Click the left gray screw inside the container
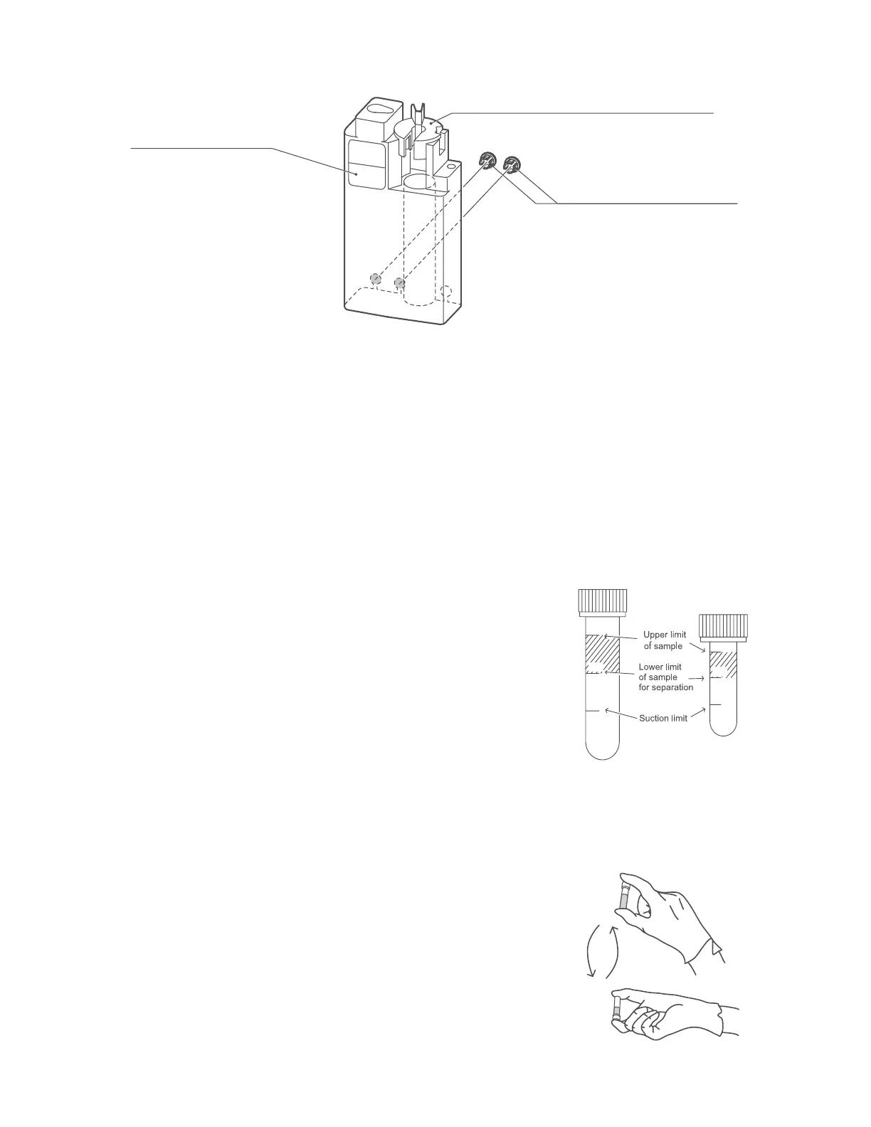click(375, 277)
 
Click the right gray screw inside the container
click(399, 283)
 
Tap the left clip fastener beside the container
click(487, 161)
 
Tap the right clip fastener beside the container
click(512, 164)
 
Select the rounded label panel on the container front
click(365, 164)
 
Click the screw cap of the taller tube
click(603, 602)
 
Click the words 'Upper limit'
click(665, 635)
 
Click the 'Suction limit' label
click(663, 718)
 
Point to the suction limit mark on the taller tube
click(593, 710)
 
